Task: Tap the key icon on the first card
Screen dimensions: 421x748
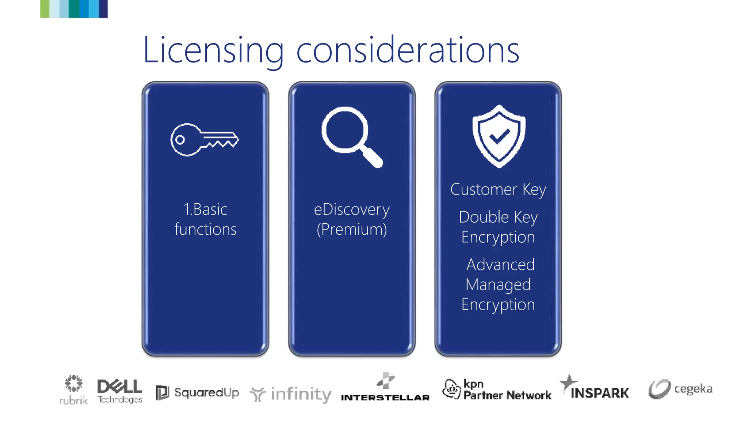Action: (205, 140)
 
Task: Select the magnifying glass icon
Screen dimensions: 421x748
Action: (351, 137)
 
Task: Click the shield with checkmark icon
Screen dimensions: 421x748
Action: (499, 136)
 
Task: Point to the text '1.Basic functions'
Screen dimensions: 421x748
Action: (205, 219)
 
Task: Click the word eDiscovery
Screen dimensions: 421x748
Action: (352, 209)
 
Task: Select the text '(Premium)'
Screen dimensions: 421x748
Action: (352, 230)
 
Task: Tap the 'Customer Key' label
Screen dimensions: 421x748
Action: (498, 190)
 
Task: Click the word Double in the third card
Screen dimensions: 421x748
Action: (484, 217)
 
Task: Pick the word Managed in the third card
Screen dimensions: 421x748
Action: (498, 285)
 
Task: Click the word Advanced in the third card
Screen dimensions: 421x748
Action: (500, 265)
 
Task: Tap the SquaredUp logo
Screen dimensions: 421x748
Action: (197, 393)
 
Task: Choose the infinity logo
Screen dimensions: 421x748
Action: (291, 394)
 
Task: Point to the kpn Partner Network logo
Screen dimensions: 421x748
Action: (497, 390)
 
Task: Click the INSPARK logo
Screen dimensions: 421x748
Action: (595, 388)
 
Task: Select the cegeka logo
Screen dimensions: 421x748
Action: (680, 389)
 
